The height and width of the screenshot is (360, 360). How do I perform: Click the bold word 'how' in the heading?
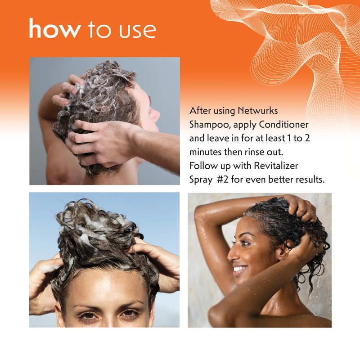[55, 28]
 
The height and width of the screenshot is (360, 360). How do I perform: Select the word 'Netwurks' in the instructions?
[257, 111]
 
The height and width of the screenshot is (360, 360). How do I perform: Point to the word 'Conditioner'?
[283, 125]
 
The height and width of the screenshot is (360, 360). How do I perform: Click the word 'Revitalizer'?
[277, 166]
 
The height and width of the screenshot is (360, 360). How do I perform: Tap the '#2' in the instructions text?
[223, 179]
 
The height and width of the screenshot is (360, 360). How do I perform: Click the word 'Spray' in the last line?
[201, 180]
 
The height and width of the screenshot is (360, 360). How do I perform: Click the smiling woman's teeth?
[238, 268]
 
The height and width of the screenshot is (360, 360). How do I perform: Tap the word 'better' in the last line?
[280, 179]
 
